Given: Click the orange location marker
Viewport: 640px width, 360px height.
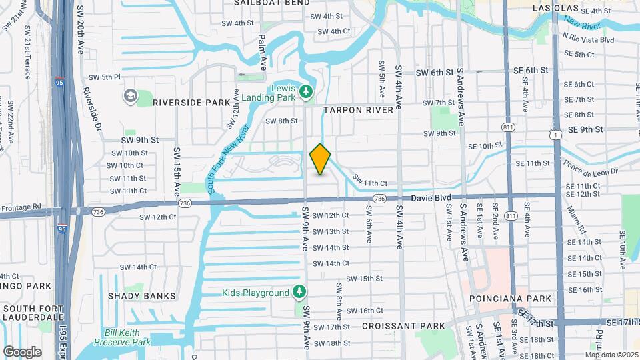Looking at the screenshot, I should (321, 159).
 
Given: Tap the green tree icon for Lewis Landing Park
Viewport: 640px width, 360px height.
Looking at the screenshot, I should (307, 91).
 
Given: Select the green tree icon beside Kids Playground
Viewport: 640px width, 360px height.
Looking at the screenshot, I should (299, 292).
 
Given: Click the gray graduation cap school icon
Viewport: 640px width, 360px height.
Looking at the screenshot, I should (130, 97).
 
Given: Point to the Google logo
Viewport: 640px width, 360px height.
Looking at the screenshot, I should (22, 351).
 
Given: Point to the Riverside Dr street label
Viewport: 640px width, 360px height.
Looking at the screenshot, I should (91, 108).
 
